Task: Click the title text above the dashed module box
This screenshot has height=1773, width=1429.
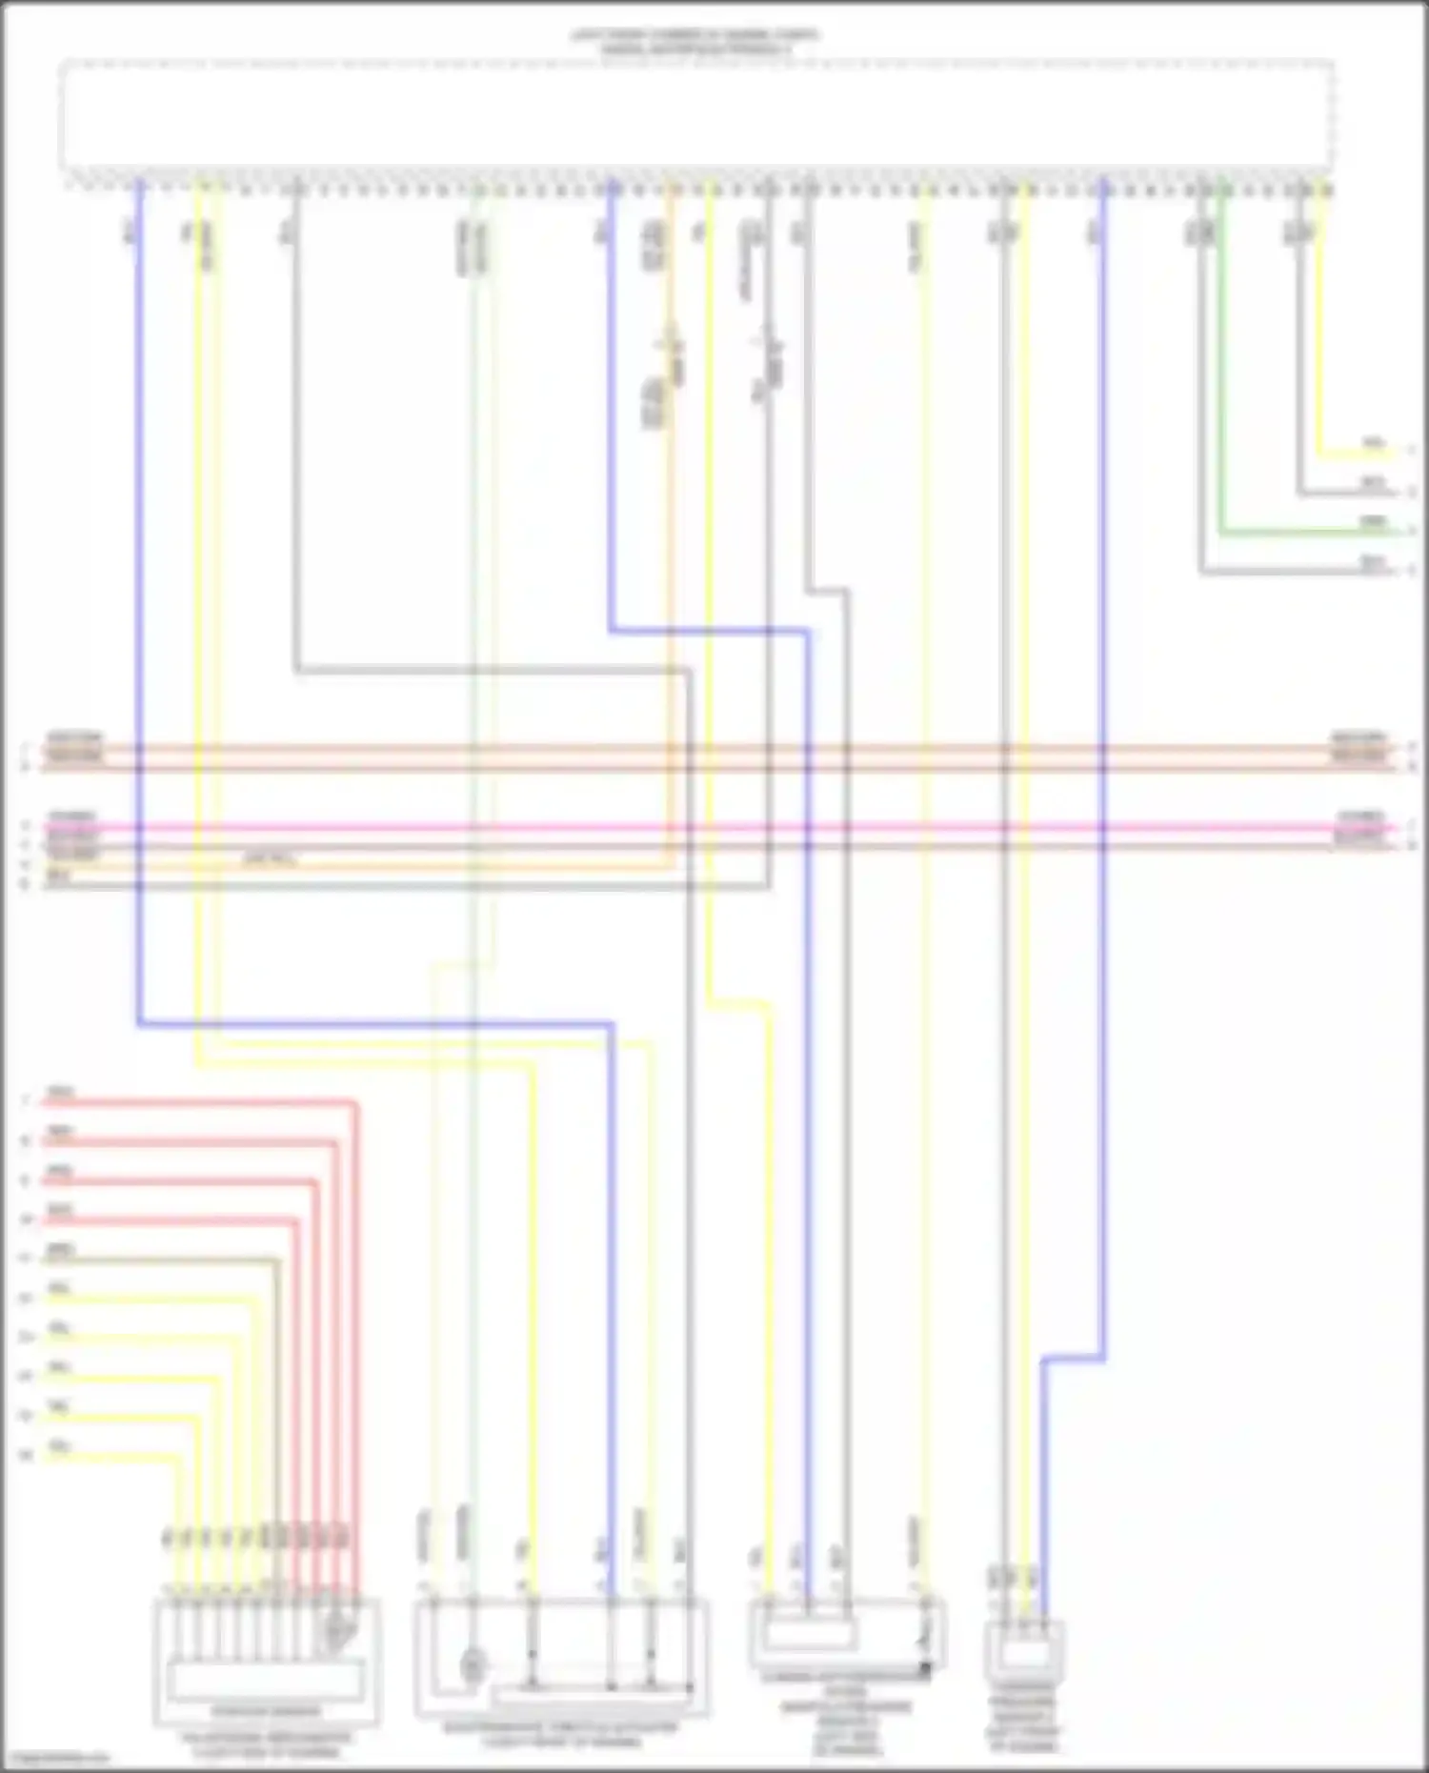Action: [x=695, y=41]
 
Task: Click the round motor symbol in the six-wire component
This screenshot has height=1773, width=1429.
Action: [x=473, y=1666]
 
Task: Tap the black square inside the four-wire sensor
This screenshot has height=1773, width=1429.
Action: [x=923, y=1668]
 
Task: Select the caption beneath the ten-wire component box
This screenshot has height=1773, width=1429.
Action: [x=267, y=1743]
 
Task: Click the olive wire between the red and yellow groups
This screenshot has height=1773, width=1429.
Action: [x=171, y=1259]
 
